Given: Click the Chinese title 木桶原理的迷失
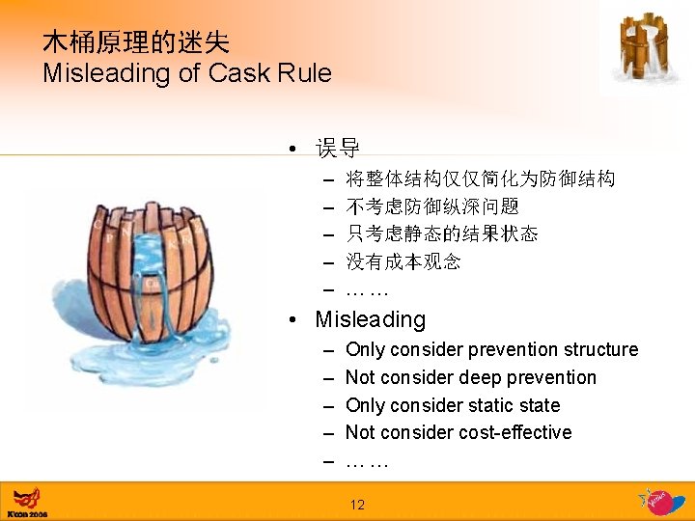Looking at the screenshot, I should coord(136,41).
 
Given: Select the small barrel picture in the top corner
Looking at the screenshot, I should coord(644,48).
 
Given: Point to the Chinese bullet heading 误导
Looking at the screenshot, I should coord(338,149).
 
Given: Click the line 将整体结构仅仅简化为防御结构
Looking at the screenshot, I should coord(480,179).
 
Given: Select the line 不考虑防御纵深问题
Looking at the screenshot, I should coord(432,206).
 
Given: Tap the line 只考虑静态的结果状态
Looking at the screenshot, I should coord(442,234).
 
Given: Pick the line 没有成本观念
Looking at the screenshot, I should coord(403,261).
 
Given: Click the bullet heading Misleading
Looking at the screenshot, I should coord(371,319).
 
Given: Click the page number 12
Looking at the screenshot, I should coord(357,504).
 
